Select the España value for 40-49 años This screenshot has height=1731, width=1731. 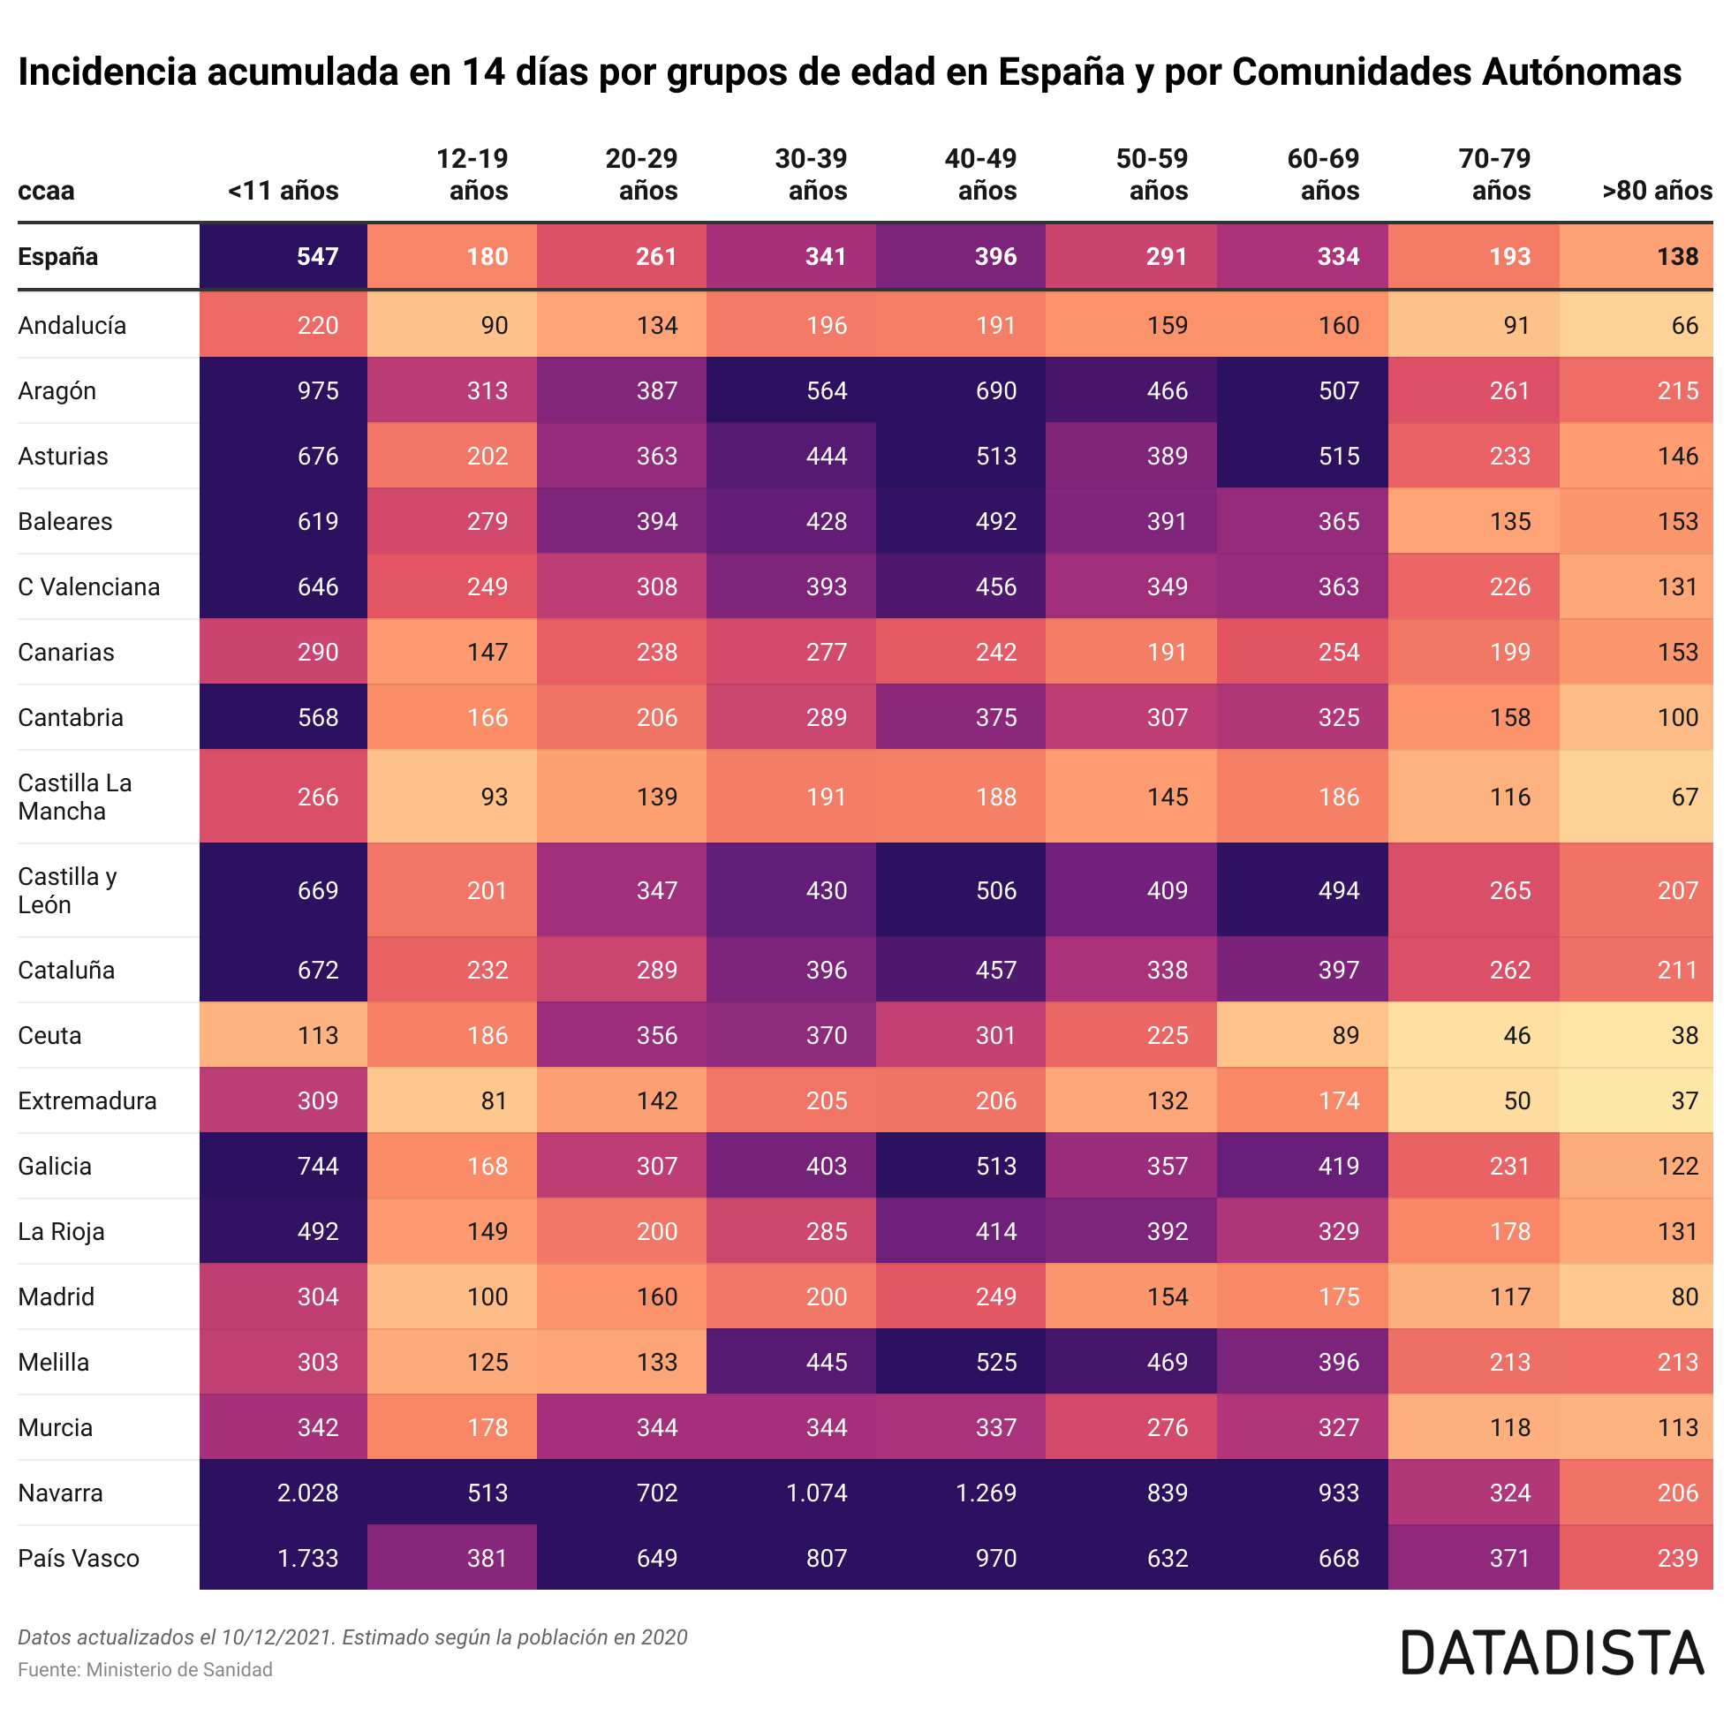coord(995,257)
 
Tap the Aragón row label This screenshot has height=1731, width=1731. coord(57,391)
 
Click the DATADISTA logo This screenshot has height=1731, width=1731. coord(1552,1653)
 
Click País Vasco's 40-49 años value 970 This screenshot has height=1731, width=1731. coord(995,1558)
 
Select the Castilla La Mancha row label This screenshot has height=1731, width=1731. coord(74,797)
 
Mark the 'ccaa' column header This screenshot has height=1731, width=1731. coord(46,191)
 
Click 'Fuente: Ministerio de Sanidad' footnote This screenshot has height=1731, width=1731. coord(145,1669)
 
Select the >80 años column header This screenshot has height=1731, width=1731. coord(1657,191)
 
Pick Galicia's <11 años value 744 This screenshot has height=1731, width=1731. coord(318,1166)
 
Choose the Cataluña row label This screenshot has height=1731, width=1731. coord(66,971)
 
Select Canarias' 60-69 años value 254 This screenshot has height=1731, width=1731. coord(1339,653)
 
